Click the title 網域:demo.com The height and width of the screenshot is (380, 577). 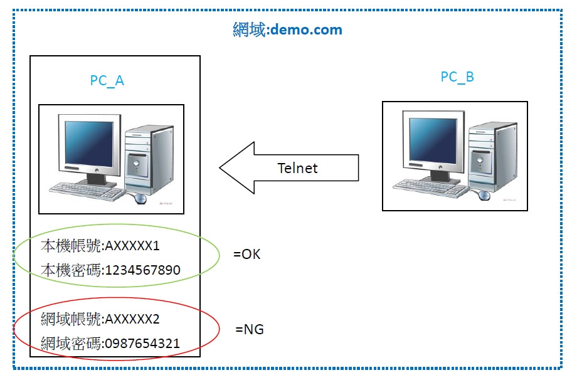pyautogui.click(x=287, y=29)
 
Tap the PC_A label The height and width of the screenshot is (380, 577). pyautogui.click(x=107, y=81)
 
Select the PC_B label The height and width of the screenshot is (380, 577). pyautogui.click(x=457, y=77)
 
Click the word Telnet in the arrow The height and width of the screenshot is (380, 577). pyautogui.click(x=297, y=168)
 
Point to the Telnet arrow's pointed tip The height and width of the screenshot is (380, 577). pyautogui.click(x=221, y=167)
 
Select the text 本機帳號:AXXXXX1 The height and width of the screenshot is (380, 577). pyautogui.click(x=100, y=245)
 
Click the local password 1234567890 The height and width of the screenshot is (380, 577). pyautogui.click(x=143, y=270)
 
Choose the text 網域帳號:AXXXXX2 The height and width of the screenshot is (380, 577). pyautogui.click(x=100, y=319)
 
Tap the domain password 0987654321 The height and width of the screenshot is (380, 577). pyautogui.click(x=143, y=344)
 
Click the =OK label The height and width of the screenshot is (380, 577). pyautogui.click(x=246, y=255)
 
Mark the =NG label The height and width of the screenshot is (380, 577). pyautogui.click(x=249, y=329)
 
